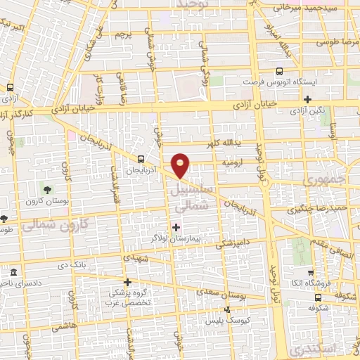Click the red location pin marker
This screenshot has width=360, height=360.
click(x=182, y=165)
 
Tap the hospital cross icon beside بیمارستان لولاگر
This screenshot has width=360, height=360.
click(x=176, y=226)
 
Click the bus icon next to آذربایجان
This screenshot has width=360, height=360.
click(x=142, y=159)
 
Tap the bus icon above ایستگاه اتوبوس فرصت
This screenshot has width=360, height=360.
click(x=280, y=71)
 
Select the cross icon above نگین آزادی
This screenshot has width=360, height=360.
click(x=307, y=99)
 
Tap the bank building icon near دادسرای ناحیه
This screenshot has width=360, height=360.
click(x=14, y=272)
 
